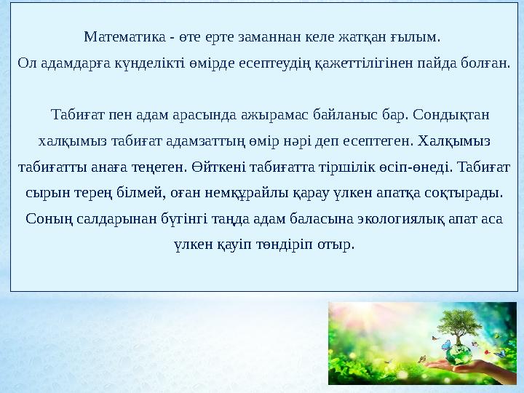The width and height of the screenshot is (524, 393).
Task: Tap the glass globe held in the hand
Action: tap(459, 354)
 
